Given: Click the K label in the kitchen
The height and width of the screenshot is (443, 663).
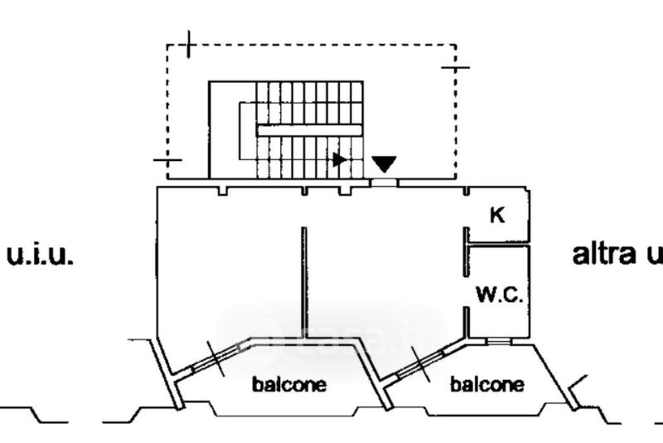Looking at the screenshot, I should tap(497, 216).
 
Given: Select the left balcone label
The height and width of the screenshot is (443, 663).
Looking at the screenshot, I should tap(289, 385).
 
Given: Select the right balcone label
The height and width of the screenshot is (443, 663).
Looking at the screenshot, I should tap(486, 385).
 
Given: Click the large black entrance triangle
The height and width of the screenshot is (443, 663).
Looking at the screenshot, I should tap(384, 163).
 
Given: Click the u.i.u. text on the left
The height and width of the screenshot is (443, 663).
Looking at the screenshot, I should tap(40, 255).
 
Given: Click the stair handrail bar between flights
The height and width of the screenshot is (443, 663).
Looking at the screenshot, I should tap(309, 129).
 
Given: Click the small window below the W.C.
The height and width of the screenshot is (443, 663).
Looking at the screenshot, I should tap(498, 340).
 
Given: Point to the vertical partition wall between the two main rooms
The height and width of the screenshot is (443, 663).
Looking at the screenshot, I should tap(304, 282).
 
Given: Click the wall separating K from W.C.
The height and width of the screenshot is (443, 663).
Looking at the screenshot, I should tap(497, 244).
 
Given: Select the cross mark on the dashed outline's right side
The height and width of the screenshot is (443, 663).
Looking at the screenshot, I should tap(455, 66).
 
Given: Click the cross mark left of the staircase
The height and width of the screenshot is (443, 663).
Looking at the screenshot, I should tap(167, 158).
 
